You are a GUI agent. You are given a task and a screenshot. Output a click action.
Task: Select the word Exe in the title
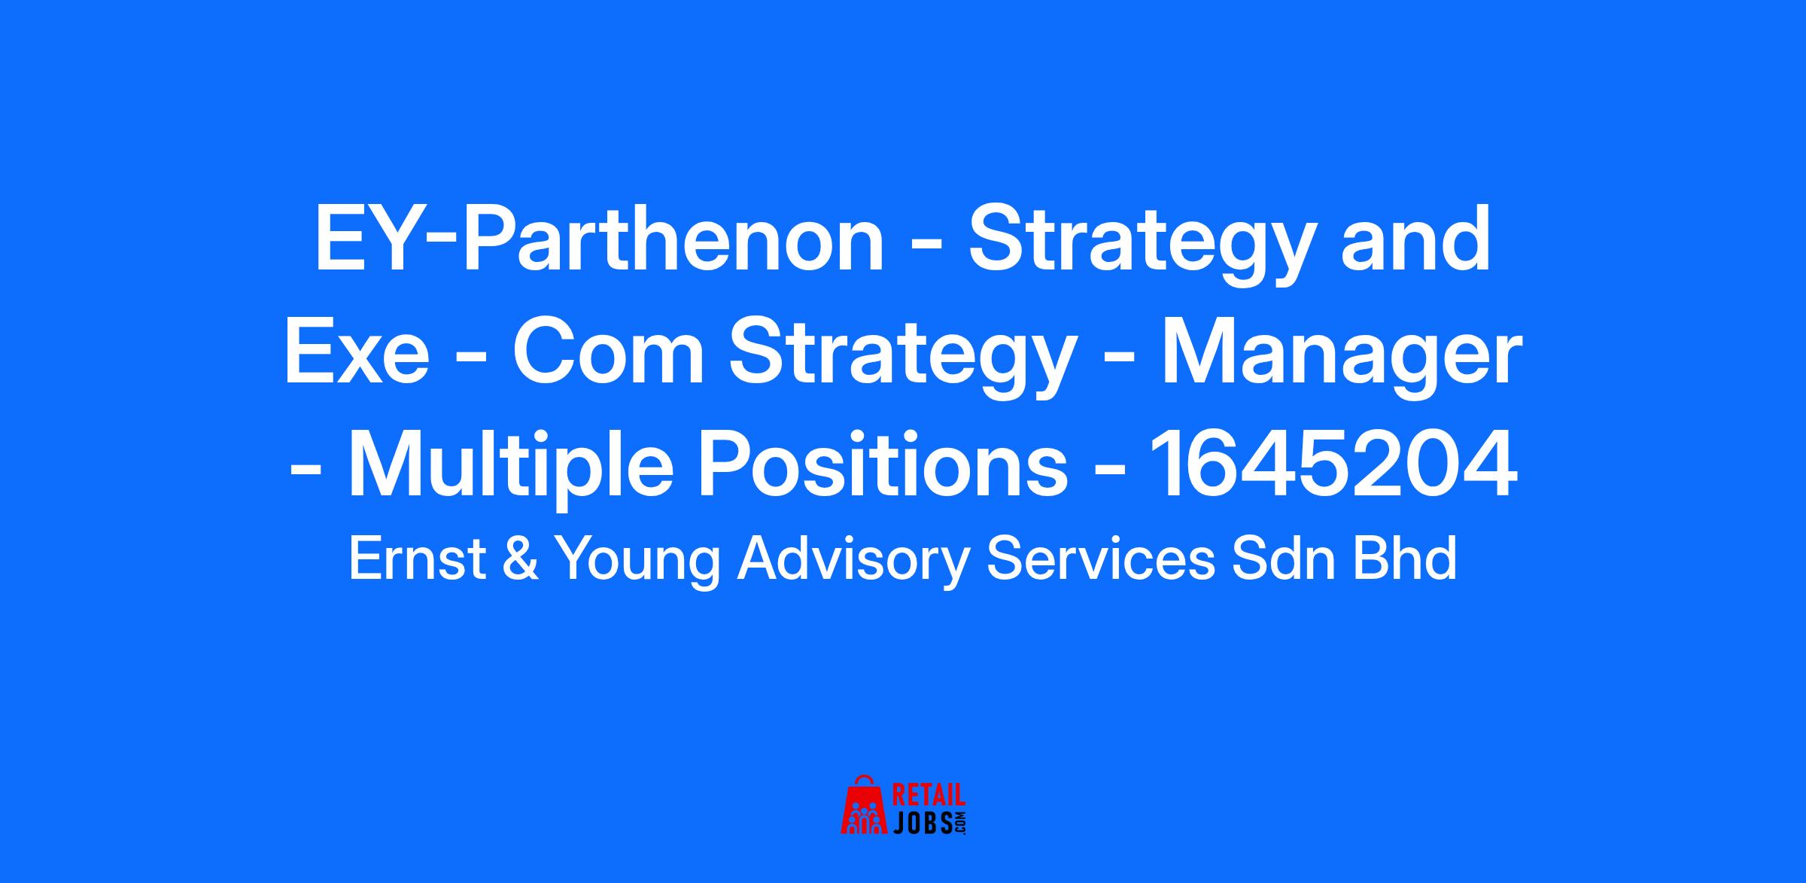356,353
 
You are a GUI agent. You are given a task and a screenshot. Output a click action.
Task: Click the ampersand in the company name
521,560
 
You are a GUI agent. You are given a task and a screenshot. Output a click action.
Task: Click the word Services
1100,560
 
